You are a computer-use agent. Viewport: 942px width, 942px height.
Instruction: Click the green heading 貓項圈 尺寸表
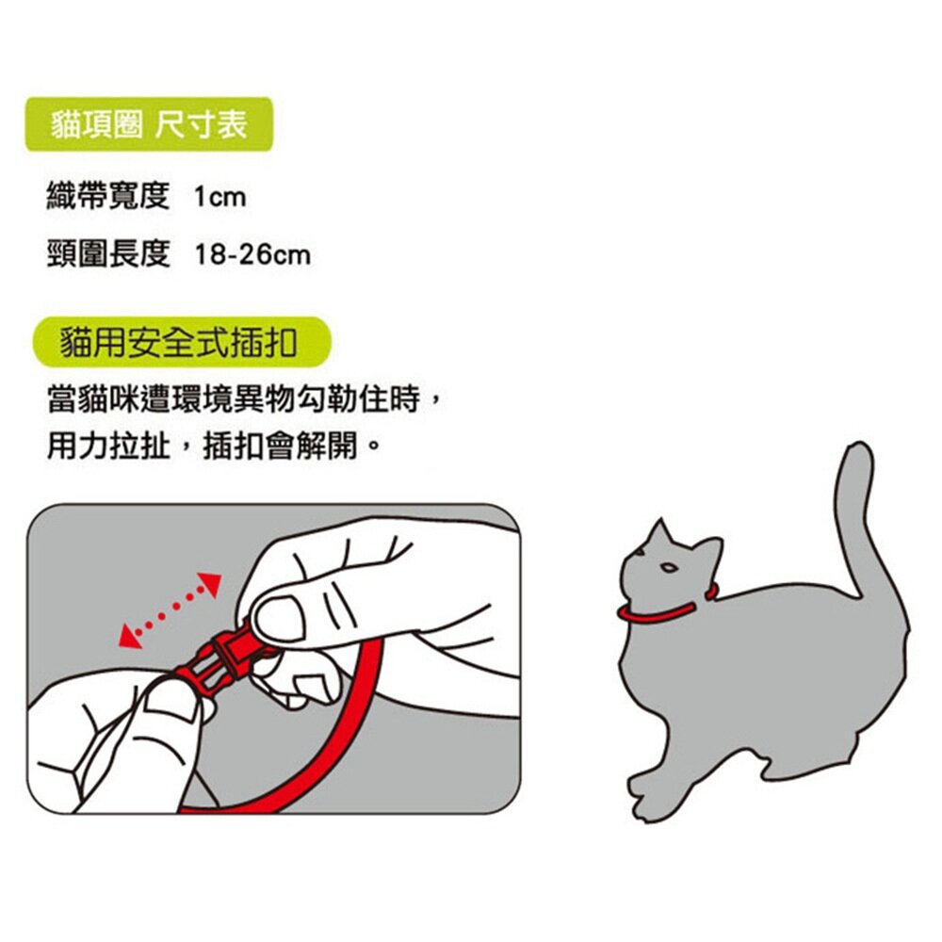(x=149, y=124)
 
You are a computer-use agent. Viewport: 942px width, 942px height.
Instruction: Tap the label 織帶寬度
(x=107, y=197)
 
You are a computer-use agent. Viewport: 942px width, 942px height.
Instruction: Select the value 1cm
(x=219, y=198)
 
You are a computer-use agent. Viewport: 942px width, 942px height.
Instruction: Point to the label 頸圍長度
(x=107, y=254)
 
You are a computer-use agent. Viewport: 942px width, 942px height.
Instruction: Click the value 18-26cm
(x=252, y=255)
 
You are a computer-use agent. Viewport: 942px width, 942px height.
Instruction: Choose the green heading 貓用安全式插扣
(x=178, y=342)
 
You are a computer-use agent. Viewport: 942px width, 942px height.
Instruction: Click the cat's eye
(x=667, y=568)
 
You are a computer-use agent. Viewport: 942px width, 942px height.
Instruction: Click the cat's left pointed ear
(x=660, y=531)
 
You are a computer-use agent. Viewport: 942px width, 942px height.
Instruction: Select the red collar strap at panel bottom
(x=283, y=796)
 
